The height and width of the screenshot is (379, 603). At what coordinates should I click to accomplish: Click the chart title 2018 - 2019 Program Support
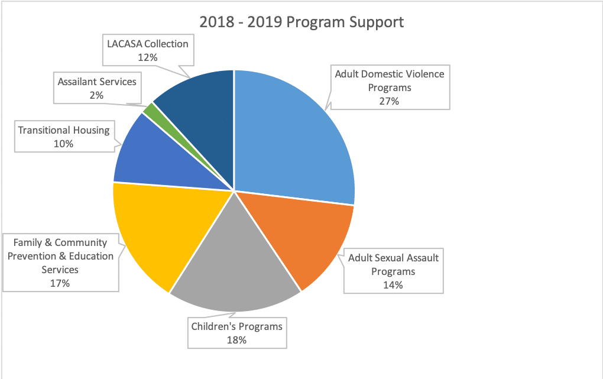(x=301, y=22)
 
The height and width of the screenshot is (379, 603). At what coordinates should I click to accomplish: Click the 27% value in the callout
(x=390, y=101)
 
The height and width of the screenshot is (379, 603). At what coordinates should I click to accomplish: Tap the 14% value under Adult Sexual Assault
(x=393, y=285)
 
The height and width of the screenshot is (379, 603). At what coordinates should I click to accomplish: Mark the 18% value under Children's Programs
(x=236, y=339)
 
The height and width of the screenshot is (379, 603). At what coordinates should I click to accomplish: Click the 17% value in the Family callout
(x=60, y=283)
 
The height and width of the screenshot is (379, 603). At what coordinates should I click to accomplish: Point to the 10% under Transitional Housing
(x=63, y=143)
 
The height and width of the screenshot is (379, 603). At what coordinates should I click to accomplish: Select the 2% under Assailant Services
(x=97, y=95)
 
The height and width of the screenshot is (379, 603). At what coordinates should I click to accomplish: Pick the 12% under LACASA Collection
(x=148, y=57)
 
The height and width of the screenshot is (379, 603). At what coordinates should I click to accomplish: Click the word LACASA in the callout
(x=124, y=44)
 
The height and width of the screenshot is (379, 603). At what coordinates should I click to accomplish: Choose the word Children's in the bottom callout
(x=213, y=326)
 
